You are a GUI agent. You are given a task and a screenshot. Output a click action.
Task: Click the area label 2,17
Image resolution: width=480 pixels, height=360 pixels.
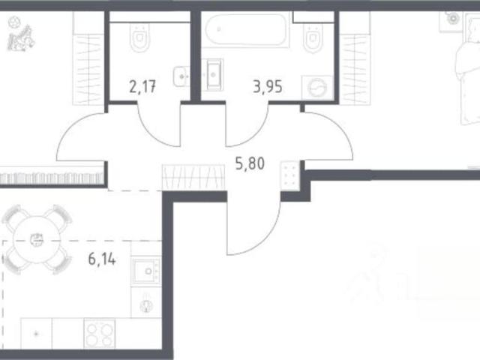[142, 87]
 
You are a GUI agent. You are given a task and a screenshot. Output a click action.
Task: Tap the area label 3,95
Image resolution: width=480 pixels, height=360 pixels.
[268, 87]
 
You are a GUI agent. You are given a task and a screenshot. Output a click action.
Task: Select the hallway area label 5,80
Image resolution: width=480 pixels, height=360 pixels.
[250, 163]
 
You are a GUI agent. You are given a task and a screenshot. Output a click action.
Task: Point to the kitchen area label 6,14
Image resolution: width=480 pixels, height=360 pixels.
[102, 259]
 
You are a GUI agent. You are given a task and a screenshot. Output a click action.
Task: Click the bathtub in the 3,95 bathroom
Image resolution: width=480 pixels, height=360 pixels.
[247, 30]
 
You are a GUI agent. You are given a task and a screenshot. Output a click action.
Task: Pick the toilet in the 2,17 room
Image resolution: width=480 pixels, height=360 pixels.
[140, 37]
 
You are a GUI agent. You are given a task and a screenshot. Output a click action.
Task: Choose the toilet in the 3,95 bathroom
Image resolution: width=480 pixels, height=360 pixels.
[313, 37]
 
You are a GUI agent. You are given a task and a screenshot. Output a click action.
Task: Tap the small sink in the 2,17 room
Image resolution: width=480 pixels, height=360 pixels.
[181, 76]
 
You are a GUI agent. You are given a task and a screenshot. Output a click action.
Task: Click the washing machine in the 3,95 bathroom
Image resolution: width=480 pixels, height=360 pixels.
[317, 88]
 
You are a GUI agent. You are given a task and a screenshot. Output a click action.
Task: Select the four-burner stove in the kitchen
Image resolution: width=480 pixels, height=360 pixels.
[100, 333]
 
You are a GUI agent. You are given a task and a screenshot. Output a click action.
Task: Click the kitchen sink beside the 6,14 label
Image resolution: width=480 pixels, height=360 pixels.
[146, 271]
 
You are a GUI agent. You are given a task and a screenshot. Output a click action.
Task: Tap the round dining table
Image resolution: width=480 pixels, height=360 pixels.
[37, 240]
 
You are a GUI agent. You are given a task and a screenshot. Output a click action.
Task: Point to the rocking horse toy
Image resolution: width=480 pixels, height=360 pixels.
[21, 38]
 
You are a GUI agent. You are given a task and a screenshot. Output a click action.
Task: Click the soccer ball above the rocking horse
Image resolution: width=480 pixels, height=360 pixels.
[13, 22]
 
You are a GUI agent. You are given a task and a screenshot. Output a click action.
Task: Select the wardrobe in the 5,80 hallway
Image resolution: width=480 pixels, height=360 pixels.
[193, 177]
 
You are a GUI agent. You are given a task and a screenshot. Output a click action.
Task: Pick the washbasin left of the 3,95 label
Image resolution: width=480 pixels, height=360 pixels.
[213, 75]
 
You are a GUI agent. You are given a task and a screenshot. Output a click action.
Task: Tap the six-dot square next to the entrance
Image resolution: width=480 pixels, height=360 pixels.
[289, 176]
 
